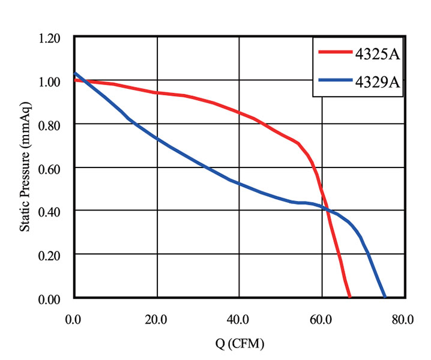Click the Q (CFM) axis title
pyautogui.click(x=240, y=344)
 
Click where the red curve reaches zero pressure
pyautogui.click(x=350, y=297)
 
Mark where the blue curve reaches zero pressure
pyautogui.click(x=385, y=297)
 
